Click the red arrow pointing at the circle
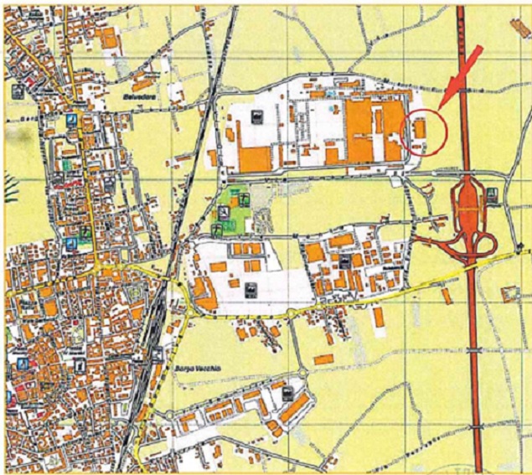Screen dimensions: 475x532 (462, 76)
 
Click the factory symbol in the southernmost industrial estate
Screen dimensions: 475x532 (288, 392)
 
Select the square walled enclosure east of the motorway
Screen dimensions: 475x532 (510, 294)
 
